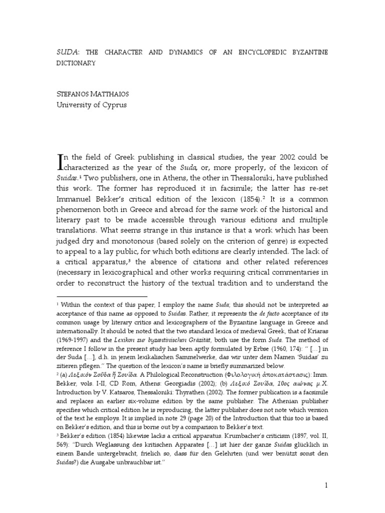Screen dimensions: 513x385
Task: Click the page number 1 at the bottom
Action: tap(326, 485)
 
